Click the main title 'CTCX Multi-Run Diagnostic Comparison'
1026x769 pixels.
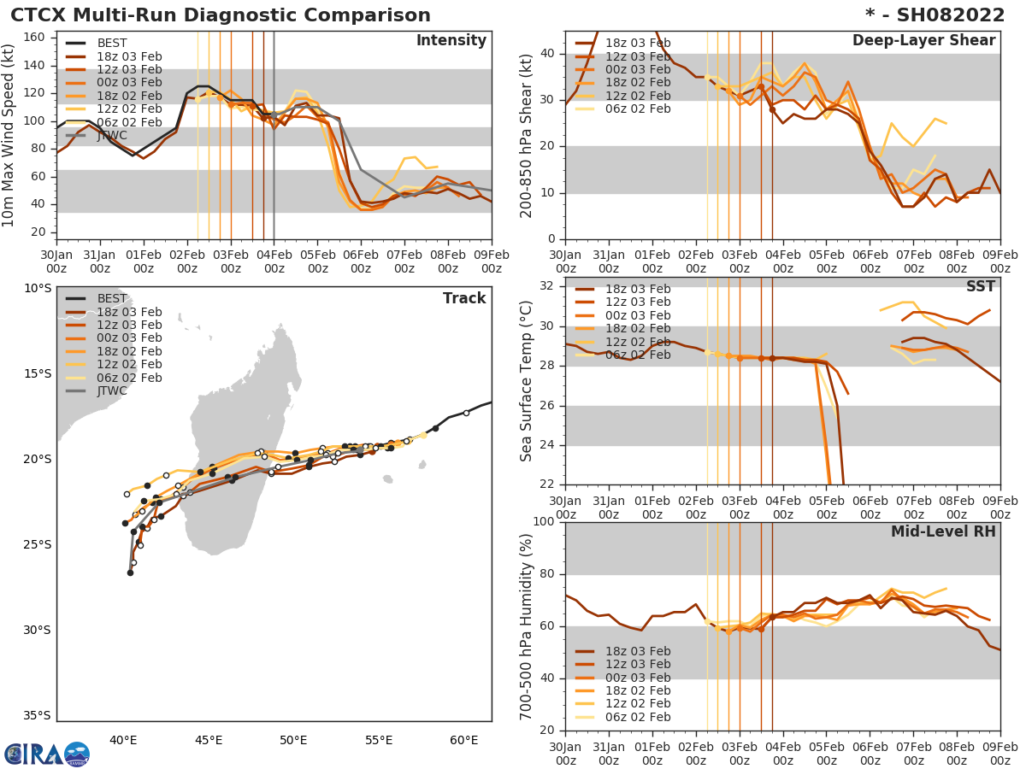coord(221,15)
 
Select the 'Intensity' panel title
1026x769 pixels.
coord(451,41)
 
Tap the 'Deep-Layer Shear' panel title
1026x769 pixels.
coord(923,41)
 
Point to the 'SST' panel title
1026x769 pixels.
coord(980,287)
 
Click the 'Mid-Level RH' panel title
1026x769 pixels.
coord(943,531)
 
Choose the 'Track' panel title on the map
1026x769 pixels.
coord(464,298)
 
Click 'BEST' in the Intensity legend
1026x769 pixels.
coord(112,43)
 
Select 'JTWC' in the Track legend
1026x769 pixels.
coord(112,391)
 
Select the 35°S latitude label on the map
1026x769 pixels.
coord(36,716)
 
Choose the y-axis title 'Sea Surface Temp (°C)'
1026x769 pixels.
coord(527,381)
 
